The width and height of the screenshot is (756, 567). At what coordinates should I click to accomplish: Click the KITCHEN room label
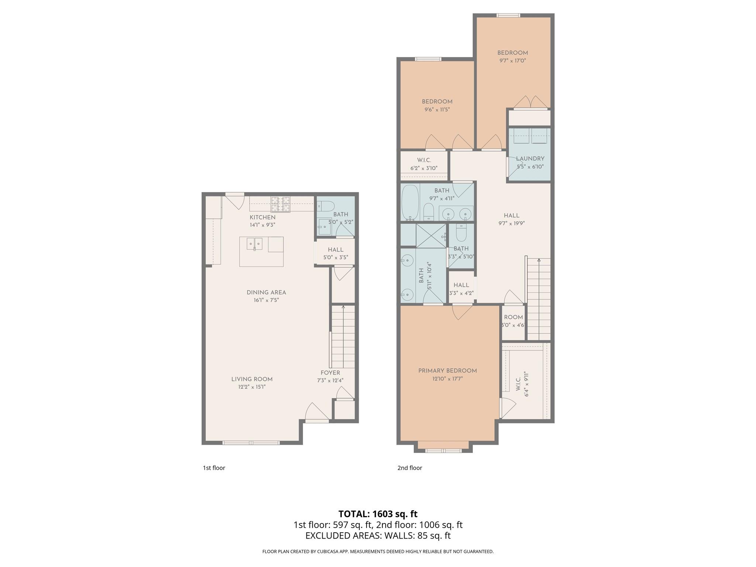(x=262, y=217)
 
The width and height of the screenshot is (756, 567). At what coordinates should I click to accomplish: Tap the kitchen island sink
(x=254, y=244)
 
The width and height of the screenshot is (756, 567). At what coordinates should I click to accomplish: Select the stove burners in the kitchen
(x=281, y=204)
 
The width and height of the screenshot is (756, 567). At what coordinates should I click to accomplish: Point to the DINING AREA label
(x=266, y=293)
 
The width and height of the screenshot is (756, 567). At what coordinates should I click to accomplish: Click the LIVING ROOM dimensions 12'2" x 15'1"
(x=252, y=387)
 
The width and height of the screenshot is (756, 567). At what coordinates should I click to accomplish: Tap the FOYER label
(x=330, y=373)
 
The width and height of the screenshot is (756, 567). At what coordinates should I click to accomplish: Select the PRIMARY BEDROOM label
(x=447, y=371)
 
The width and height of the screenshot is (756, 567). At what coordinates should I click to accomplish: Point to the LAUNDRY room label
(x=530, y=159)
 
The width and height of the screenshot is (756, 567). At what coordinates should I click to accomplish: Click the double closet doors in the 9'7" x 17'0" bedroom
(x=530, y=102)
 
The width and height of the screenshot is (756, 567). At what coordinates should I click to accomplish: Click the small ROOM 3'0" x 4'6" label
(x=513, y=317)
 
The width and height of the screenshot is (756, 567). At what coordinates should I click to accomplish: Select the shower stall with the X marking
(x=430, y=236)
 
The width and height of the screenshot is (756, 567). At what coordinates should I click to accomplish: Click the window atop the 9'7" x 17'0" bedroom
(x=508, y=15)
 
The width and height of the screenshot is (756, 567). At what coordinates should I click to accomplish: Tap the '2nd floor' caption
(x=409, y=468)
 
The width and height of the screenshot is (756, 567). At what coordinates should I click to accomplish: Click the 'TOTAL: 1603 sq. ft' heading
(x=378, y=514)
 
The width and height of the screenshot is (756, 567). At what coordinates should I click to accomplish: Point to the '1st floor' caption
(x=214, y=468)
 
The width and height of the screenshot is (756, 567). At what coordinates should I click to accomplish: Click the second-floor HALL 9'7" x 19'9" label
(x=511, y=216)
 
